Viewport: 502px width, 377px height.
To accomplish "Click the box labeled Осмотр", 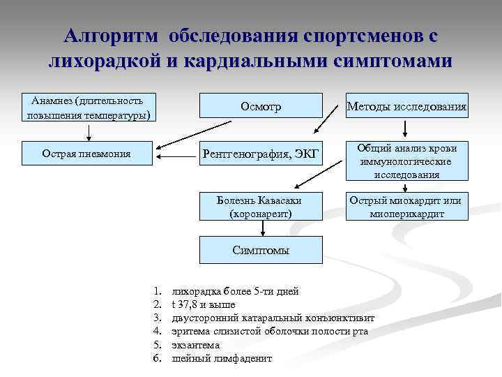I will (261, 105).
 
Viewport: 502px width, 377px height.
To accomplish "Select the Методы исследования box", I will (407, 105).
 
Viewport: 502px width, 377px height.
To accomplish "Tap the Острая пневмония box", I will (86, 153).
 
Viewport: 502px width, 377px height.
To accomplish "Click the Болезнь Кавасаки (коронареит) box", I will (261, 205).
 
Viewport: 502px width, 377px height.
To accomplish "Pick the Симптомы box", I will (261, 250).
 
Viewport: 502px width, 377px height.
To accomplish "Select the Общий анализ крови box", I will (407, 161).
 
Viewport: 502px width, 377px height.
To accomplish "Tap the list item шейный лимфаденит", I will (222, 358).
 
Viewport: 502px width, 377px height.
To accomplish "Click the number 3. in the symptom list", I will (157, 318).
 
